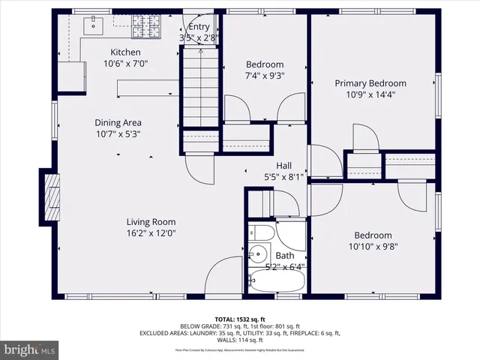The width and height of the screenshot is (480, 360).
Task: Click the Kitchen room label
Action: coord(125,52)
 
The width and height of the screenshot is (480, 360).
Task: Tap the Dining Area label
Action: coord(118,122)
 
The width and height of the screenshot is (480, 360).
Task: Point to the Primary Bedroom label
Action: coord(370,83)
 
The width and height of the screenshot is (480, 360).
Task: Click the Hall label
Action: coord(283,166)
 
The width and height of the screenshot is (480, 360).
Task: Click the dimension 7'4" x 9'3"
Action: coord(265,76)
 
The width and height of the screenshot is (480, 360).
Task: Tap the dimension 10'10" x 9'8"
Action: coord(373,246)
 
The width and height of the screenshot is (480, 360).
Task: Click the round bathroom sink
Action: coord(259,253)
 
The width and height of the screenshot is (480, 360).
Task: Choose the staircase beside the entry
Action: coord(199,86)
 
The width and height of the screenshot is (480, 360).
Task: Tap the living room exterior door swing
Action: coord(224,275)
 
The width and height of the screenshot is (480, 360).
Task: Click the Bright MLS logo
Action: coord(30,349)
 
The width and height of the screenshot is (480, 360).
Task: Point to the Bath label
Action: coord(284,256)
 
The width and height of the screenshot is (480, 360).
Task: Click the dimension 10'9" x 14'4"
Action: coord(370,94)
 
